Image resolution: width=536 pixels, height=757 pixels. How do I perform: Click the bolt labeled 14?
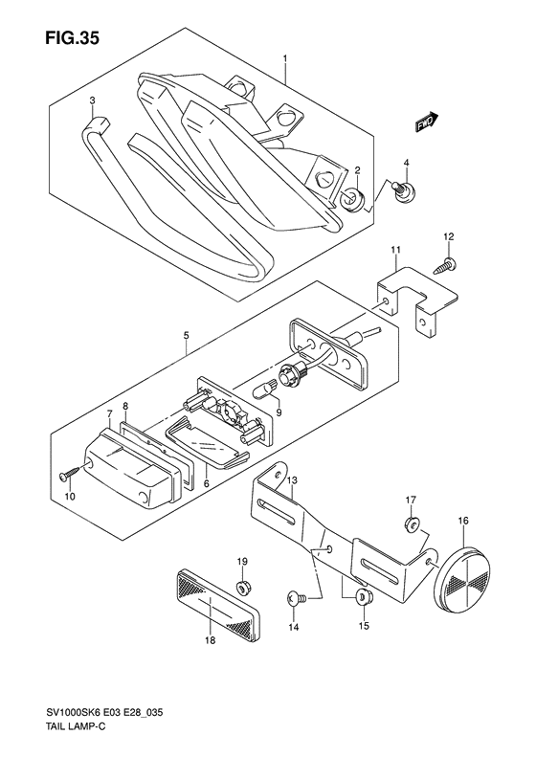click(x=295, y=598)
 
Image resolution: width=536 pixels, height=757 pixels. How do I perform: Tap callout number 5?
click(x=188, y=336)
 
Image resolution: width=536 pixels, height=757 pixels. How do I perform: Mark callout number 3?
click(x=92, y=100)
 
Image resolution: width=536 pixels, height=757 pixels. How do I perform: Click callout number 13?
click(x=293, y=479)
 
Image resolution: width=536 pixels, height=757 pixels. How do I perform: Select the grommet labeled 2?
click(x=349, y=197)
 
